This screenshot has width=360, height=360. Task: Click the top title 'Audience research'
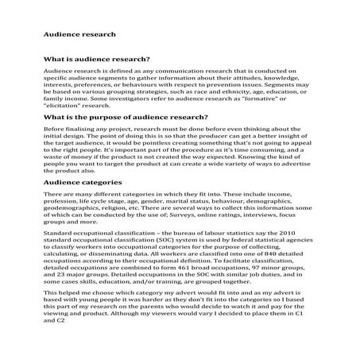(79, 34)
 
